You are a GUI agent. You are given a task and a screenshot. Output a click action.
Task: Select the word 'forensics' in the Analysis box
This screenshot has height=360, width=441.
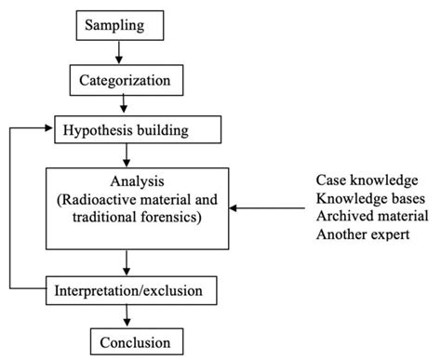click(x=165, y=216)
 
